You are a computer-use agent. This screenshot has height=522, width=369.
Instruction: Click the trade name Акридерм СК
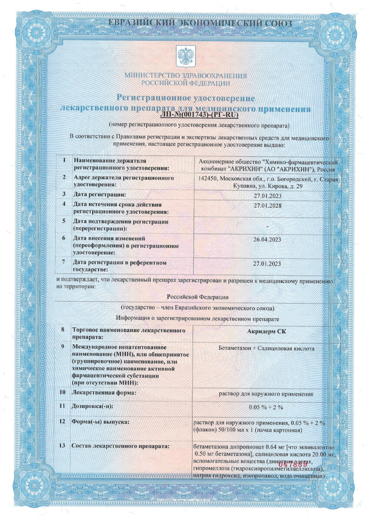click(x=267, y=331)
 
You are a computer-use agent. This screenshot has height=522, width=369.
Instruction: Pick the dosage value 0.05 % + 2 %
click(x=267, y=407)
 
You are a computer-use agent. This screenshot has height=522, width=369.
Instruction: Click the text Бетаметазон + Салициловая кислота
click(x=267, y=348)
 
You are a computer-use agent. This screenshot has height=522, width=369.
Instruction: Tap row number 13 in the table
click(x=63, y=446)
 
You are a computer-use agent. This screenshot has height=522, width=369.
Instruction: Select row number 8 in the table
click(x=63, y=330)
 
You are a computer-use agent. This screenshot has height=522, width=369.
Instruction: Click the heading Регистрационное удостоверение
click(x=186, y=99)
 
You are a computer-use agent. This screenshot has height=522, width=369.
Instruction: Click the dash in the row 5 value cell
click(x=267, y=227)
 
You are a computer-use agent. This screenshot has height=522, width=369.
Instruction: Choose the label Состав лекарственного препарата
click(x=121, y=446)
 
